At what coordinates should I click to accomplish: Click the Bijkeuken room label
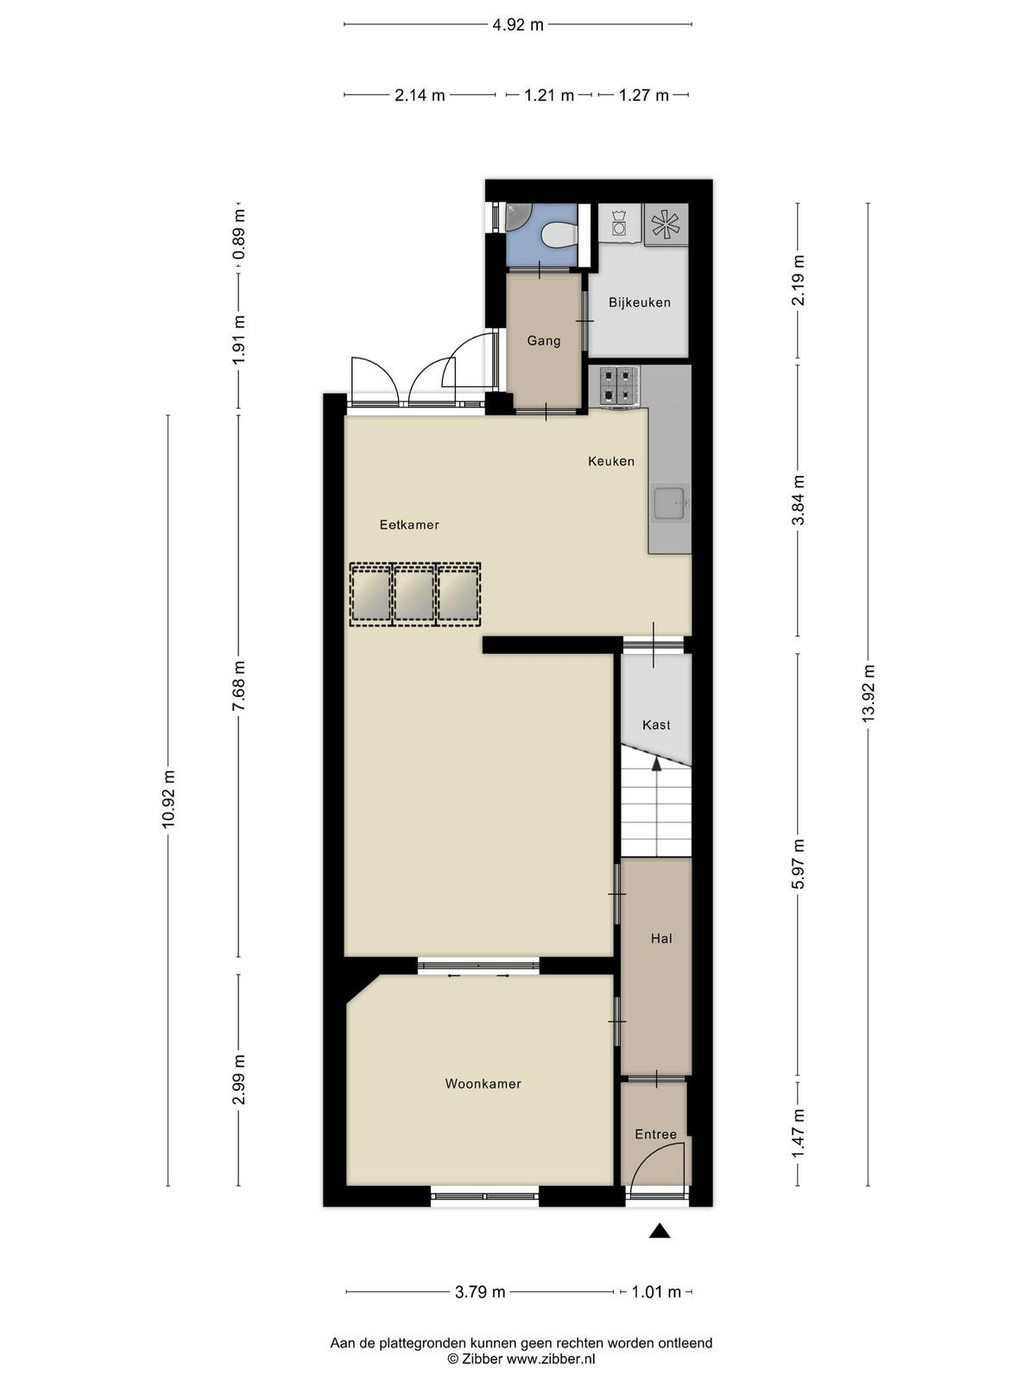(x=639, y=302)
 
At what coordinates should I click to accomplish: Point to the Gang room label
(x=544, y=340)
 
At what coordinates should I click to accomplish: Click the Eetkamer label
(x=409, y=524)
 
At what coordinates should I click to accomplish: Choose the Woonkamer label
(x=483, y=1083)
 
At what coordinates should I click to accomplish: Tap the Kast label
(x=656, y=725)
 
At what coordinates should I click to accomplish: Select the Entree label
(x=655, y=1134)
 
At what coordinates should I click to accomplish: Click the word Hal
(x=661, y=938)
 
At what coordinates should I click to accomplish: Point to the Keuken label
(x=610, y=461)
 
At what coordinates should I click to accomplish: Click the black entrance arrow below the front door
(x=660, y=1231)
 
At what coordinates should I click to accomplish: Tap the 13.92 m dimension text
(x=868, y=694)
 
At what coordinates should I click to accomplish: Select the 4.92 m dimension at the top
(x=517, y=24)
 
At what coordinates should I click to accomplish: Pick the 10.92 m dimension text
(x=168, y=798)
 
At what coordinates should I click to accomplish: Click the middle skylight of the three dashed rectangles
(x=414, y=593)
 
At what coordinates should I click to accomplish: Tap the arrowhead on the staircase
(x=656, y=764)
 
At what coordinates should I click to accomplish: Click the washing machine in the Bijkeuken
(x=620, y=223)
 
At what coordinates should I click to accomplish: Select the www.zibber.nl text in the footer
(x=551, y=1359)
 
